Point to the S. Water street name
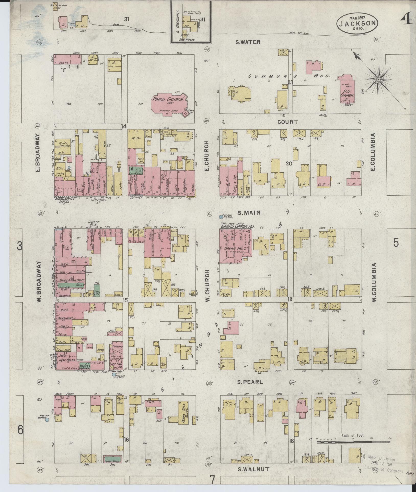pyautogui.click(x=248, y=42)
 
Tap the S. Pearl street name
pyautogui.click(x=246, y=389)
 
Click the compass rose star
pyautogui.click(x=378, y=80)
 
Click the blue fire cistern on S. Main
pyautogui.click(x=221, y=217)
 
